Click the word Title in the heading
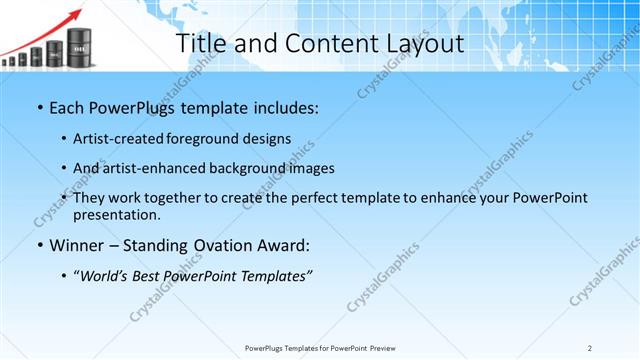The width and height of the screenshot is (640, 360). (200, 44)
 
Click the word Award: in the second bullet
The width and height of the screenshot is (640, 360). (287, 245)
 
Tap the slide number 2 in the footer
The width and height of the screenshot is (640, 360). (590, 347)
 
